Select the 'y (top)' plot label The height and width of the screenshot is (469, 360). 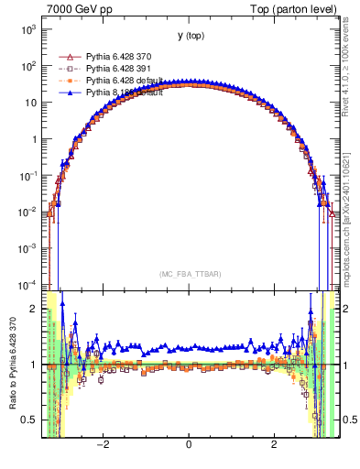(x=191, y=36)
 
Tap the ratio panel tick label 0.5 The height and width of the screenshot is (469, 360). (x=29, y=420)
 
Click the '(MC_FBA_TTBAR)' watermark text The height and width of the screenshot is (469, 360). (x=190, y=274)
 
